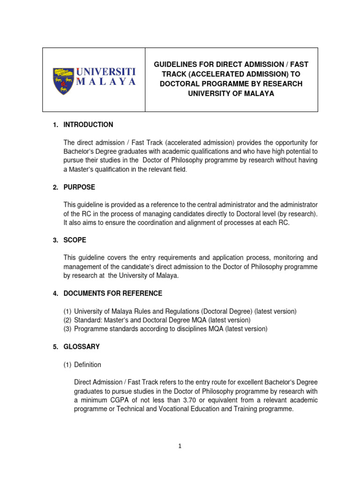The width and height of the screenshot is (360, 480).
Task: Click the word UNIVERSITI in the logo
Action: click(106, 72)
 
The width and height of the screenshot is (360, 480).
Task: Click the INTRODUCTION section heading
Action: click(88, 125)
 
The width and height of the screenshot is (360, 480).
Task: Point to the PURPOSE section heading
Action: click(79, 187)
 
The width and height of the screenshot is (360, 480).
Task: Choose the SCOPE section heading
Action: click(75, 240)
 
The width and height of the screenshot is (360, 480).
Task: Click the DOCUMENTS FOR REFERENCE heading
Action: click(113, 293)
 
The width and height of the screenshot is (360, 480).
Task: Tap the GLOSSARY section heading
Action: click(82, 347)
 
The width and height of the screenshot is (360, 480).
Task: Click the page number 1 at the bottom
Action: click(180, 446)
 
